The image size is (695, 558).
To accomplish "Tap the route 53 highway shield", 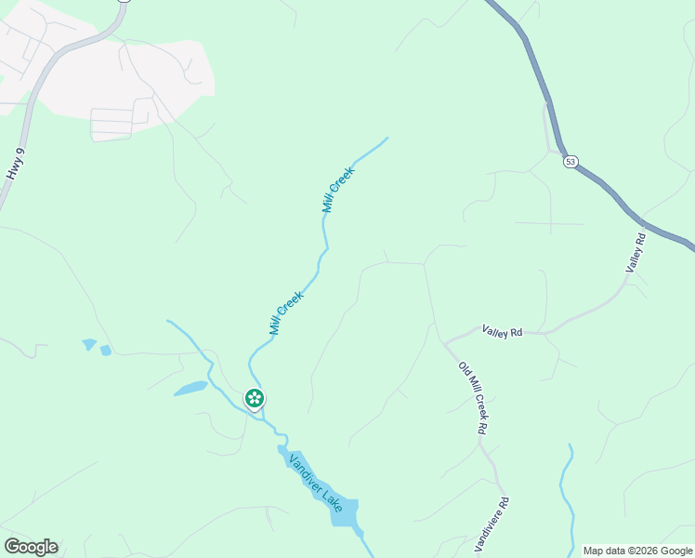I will (x=570, y=161).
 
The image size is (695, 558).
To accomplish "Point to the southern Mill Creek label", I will (x=286, y=312).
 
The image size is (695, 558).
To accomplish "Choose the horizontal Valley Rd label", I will (x=502, y=330).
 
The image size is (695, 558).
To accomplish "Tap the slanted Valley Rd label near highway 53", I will (x=636, y=253).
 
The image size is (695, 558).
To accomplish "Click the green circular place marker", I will (x=254, y=398).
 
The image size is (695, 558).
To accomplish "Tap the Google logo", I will (x=31, y=546).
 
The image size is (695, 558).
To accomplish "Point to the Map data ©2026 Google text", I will (x=638, y=551).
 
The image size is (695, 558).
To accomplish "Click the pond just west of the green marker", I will (x=190, y=388).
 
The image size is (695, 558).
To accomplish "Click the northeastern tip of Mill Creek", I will (x=386, y=139).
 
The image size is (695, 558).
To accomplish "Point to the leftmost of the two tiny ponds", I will (x=89, y=344).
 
